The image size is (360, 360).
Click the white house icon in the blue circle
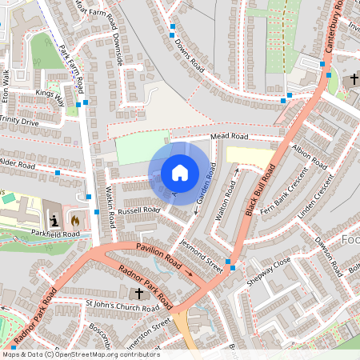coord(180,173)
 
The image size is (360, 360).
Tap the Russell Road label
coord(140,210)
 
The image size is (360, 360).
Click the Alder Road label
coord(18,164)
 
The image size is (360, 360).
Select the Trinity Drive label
coord(19,122)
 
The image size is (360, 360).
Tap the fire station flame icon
coord(75,219)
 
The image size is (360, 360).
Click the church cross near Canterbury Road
coord(353,79)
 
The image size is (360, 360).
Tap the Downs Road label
coord(190,54)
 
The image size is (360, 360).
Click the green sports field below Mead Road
coord(142,147)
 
